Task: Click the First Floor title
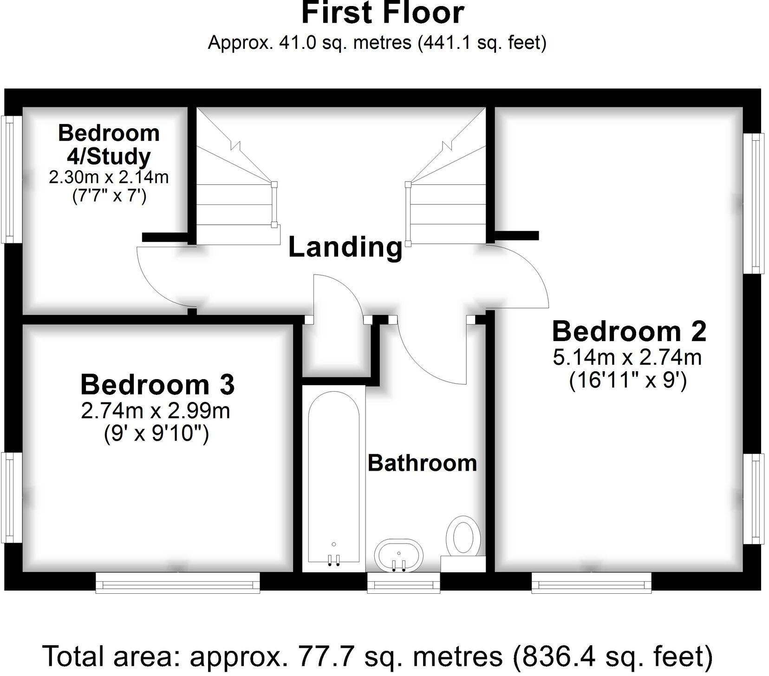click(x=383, y=13)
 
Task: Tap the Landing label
click(x=345, y=247)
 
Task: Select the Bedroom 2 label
click(x=629, y=332)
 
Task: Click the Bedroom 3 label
click(x=157, y=385)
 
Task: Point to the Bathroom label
click(x=422, y=463)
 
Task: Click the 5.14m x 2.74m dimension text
click(x=627, y=357)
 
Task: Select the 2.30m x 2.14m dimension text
click(x=109, y=177)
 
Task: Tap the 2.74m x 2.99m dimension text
click(x=156, y=411)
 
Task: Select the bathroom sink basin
click(x=398, y=555)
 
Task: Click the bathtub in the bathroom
click(x=333, y=479)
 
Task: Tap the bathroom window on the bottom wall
click(x=403, y=582)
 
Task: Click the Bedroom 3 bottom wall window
click(x=177, y=582)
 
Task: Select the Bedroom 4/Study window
click(x=13, y=179)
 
